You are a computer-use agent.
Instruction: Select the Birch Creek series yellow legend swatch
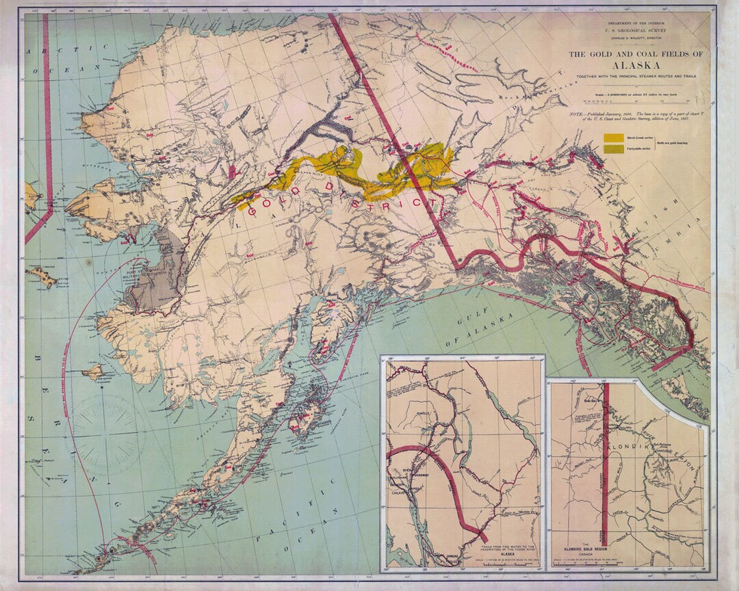[x=613, y=137]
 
